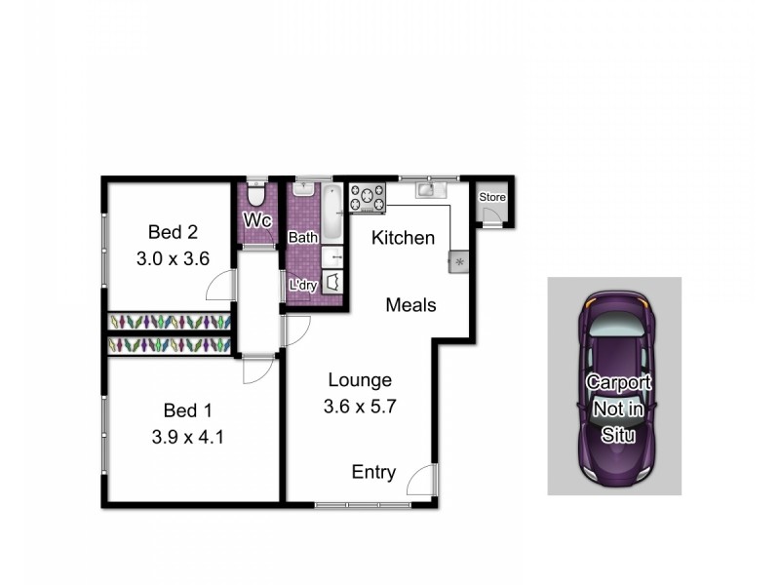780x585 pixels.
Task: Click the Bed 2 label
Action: tap(173, 232)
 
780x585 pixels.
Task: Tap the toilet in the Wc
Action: tap(256, 192)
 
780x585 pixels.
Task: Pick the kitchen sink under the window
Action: tap(429, 190)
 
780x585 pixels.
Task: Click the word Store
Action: tap(493, 198)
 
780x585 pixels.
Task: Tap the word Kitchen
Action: tap(404, 237)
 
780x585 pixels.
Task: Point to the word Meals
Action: tap(410, 304)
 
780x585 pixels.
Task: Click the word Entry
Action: tap(373, 473)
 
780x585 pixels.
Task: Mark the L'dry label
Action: tap(301, 285)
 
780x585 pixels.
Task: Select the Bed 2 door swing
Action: tap(220, 285)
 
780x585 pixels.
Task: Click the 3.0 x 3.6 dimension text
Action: tap(173, 258)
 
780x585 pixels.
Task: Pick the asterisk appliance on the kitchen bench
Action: tap(457, 260)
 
